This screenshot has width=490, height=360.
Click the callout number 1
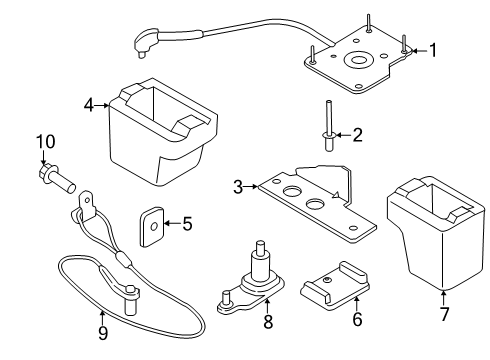click(x=434, y=48)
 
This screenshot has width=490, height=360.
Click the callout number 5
click(x=185, y=222)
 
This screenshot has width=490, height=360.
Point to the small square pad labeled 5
click(x=152, y=224)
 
